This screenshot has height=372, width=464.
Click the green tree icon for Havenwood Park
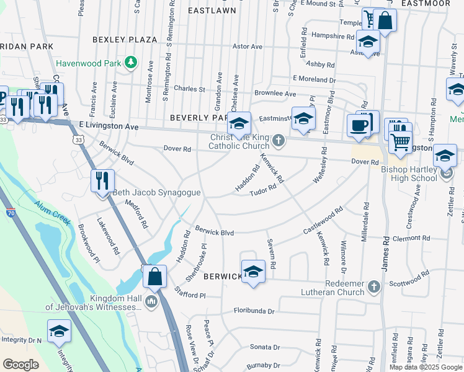point(130,63)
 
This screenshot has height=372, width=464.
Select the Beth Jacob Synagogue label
point(156,193)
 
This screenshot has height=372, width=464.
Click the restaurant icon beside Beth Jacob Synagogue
point(102,181)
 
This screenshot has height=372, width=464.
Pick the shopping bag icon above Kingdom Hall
point(154,277)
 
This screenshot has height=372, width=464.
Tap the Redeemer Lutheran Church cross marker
point(373,286)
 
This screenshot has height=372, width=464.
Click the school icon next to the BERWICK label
point(252,272)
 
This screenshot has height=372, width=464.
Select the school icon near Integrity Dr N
point(59,332)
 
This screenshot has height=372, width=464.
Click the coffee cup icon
point(359,125)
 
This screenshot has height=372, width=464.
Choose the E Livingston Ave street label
point(109,126)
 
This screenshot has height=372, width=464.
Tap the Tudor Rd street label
point(262,192)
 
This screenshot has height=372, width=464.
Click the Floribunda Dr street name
point(257,309)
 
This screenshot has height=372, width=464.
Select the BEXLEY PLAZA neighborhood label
point(125,40)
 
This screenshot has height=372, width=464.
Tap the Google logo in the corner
point(20,365)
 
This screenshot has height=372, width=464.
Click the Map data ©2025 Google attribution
point(426,367)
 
